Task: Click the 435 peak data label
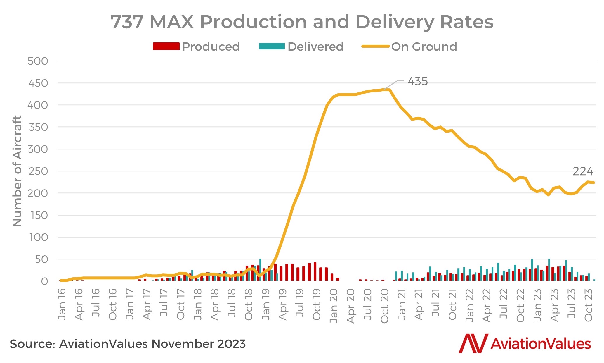[x=418, y=81]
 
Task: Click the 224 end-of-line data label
[x=583, y=171]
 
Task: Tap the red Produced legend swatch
[x=166, y=46]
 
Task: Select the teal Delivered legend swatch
[x=272, y=46]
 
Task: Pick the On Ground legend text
[x=424, y=47]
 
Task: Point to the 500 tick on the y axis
[x=38, y=61]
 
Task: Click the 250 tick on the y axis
[x=38, y=171]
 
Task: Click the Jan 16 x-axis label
[x=62, y=304]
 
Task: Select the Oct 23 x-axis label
[x=589, y=305]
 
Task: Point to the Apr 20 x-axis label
[x=350, y=306]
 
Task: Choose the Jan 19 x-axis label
[x=265, y=304]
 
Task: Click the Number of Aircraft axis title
[x=18, y=171]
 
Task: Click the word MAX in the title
[x=172, y=22]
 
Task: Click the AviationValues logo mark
[x=473, y=343]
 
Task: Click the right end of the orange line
[x=594, y=183]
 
